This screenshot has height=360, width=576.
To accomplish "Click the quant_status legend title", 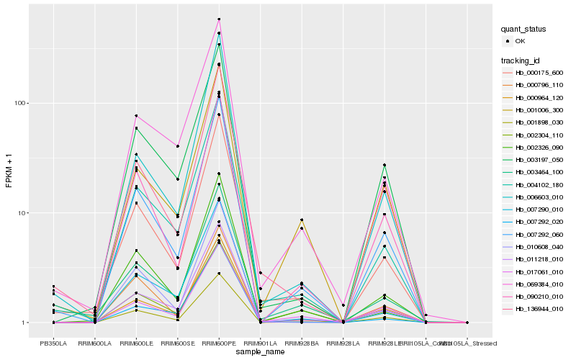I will click(523, 29).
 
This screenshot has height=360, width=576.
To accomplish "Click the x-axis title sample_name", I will click(260, 351).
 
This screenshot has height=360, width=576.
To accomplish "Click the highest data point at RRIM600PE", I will click(219, 19).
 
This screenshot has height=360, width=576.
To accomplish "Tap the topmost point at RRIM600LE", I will click(136, 116).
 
